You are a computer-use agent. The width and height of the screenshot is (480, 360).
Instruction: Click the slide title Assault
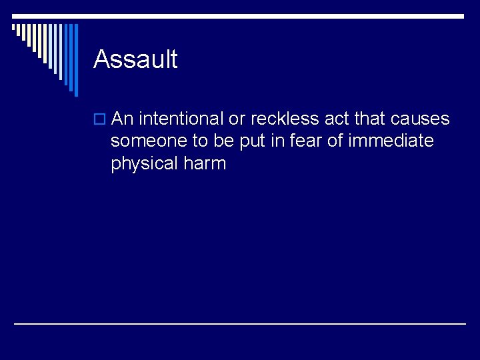(135, 59)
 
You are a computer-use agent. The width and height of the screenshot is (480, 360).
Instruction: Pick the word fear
(300, 141)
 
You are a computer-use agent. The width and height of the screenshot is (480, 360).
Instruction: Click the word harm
(207, 163)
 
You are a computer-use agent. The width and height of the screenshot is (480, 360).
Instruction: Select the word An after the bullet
(123, 119)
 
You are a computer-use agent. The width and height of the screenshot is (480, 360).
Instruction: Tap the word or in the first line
(237, 119)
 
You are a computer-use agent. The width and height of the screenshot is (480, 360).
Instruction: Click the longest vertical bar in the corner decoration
(75, 60)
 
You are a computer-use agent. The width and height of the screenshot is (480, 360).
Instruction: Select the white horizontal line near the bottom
(240, 323)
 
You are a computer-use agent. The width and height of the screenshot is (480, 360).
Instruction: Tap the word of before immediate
(332, 141)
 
